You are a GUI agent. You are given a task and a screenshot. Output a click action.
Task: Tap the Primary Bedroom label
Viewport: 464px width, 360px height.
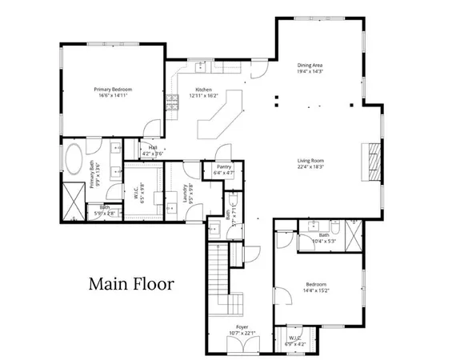pos(112,89)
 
